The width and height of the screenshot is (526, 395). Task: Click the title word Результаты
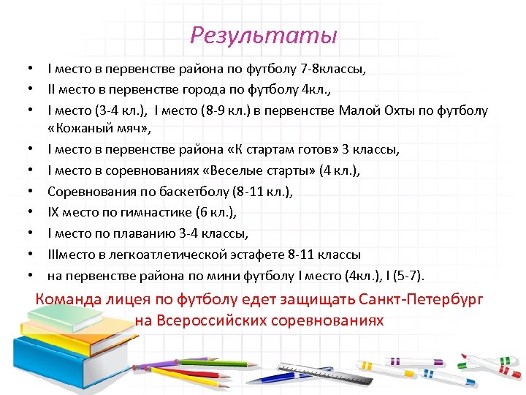pyautogui.click(x=263, y=35)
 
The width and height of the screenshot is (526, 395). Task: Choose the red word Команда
pyautogui.click(x=68, y=299)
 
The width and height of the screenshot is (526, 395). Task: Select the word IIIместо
pyautogui.click(x=75, y=255)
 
